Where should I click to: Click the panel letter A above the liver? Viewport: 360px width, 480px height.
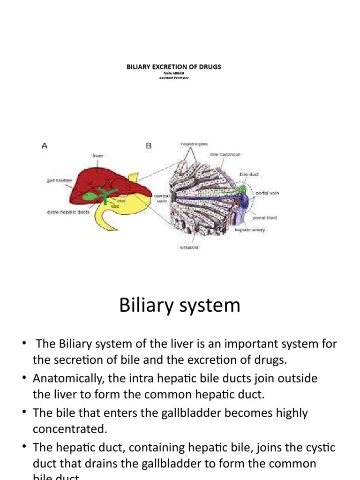45,146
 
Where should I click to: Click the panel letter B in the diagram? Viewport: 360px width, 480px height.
149,146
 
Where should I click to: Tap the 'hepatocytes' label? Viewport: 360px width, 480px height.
194,144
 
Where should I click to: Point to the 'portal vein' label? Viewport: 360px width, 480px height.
267,193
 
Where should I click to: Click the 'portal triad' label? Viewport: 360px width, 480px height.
265,218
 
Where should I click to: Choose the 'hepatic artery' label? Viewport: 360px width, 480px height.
250,230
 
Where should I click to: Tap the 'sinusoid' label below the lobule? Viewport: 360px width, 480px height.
189,247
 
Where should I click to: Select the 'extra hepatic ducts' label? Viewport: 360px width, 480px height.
68,212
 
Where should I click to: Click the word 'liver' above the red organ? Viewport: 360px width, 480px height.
97,155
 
